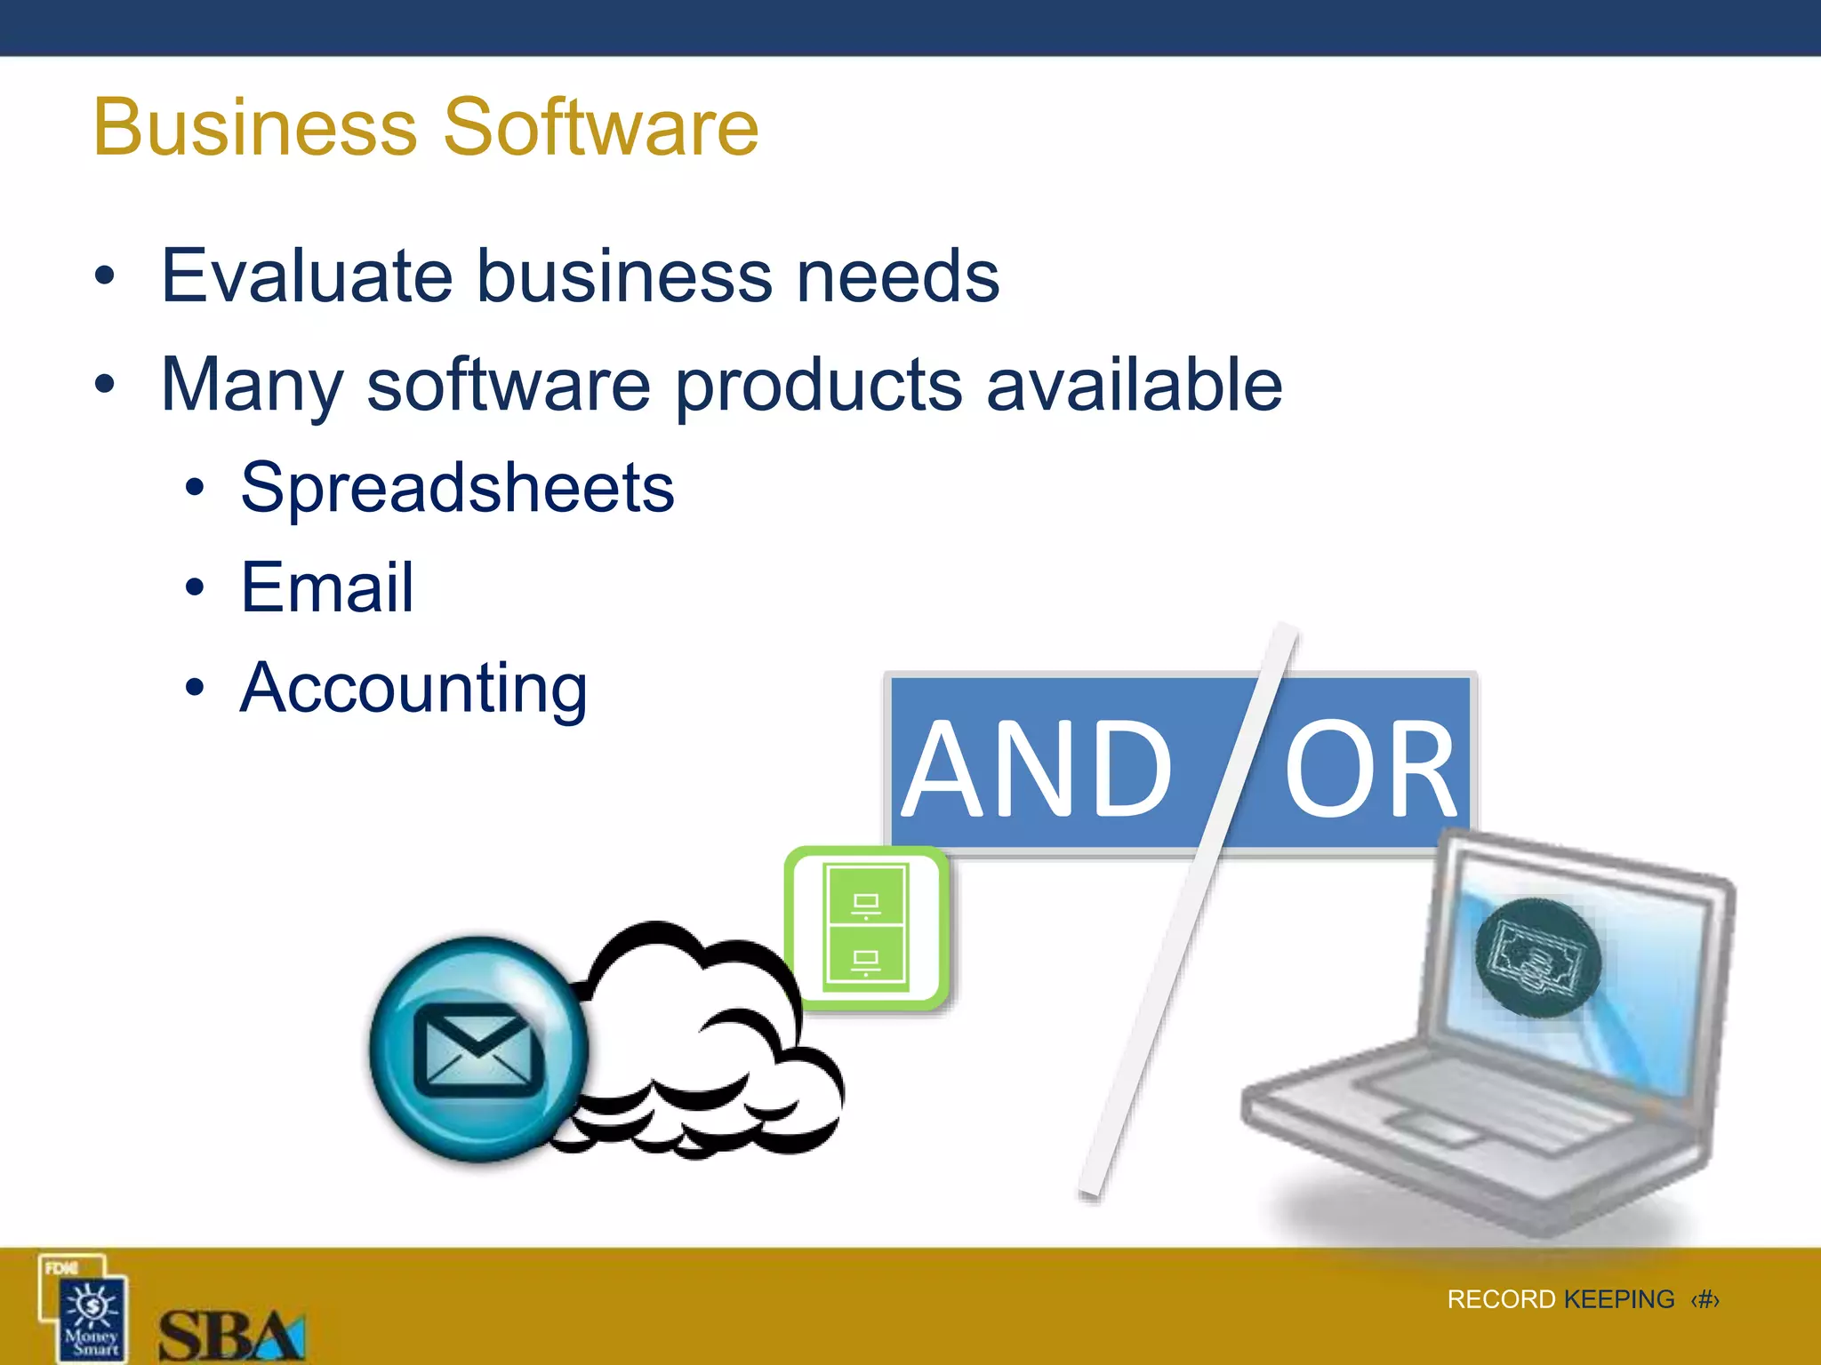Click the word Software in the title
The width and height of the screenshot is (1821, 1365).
click(601, 127)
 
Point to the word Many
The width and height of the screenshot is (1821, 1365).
click(252, 386)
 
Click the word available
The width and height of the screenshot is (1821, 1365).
click(1135, 384)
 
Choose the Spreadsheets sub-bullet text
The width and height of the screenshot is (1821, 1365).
click(457, 488)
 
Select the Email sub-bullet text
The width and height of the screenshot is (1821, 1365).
click(327, 587)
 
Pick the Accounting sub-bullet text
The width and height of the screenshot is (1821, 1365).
click(413, 689)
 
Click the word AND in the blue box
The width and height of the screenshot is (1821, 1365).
click(1037, 768)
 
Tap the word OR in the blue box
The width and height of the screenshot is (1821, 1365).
click(1370, 770)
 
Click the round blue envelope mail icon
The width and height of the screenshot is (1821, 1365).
click(478, 1049)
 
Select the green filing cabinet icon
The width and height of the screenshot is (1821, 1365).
click(866, 927)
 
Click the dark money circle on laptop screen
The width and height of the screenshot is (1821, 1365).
click(1538, 958)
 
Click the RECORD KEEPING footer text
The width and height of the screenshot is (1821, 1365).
click(1560, 1299)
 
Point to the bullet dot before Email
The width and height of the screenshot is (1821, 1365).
click(195, 587)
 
